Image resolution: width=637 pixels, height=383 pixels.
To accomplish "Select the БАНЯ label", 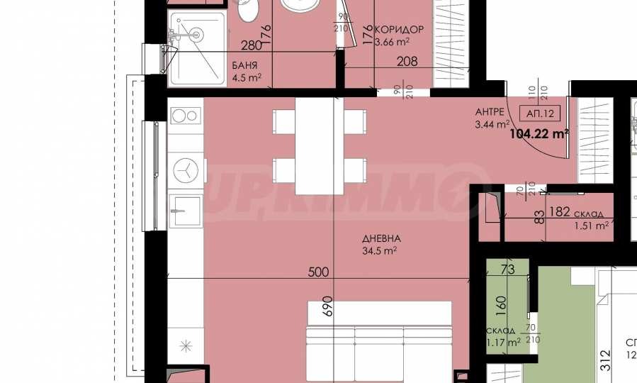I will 245,65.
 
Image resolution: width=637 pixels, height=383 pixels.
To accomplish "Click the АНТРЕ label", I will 490,112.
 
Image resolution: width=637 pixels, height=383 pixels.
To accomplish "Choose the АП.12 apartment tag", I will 541,113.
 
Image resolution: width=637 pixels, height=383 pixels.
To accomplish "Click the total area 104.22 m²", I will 540,133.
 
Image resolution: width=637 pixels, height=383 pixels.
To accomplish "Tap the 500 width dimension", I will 318,272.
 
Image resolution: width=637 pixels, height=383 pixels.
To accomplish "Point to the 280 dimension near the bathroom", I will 252,46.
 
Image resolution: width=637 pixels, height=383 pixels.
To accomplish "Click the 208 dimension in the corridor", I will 407,61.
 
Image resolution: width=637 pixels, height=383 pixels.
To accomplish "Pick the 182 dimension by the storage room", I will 559,212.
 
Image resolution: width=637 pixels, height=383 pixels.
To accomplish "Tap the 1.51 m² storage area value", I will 591,226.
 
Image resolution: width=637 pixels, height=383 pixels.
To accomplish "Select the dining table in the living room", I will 315,145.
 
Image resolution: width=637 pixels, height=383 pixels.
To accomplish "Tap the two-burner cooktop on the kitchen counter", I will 186,115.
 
